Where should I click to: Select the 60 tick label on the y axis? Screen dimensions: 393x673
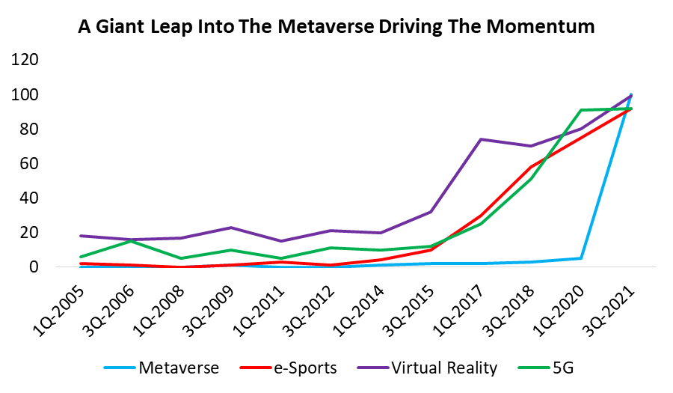tap(32, 164)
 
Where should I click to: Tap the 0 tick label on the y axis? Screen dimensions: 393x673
tap(37, 267)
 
